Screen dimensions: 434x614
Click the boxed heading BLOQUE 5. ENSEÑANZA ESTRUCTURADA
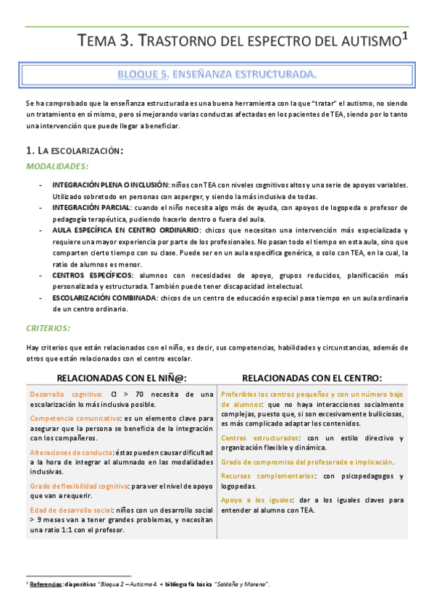tap(217, 74)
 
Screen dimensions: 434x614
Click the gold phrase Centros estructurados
tap(259, 438)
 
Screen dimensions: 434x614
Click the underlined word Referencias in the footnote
tap(46, 584)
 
